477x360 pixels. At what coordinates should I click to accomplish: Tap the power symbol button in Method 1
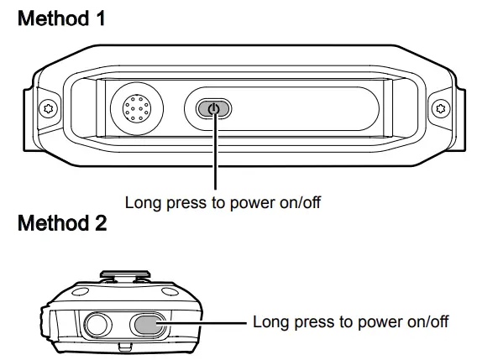pyautogui.click(x=213, y=109)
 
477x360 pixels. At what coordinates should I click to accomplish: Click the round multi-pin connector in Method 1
pyautogui.click(x=135, y=109)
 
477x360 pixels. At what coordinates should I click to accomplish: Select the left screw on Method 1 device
pyautogui.click(x=49, y=107)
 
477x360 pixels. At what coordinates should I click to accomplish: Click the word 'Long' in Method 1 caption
pyautogui.click(x=140, y=202)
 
